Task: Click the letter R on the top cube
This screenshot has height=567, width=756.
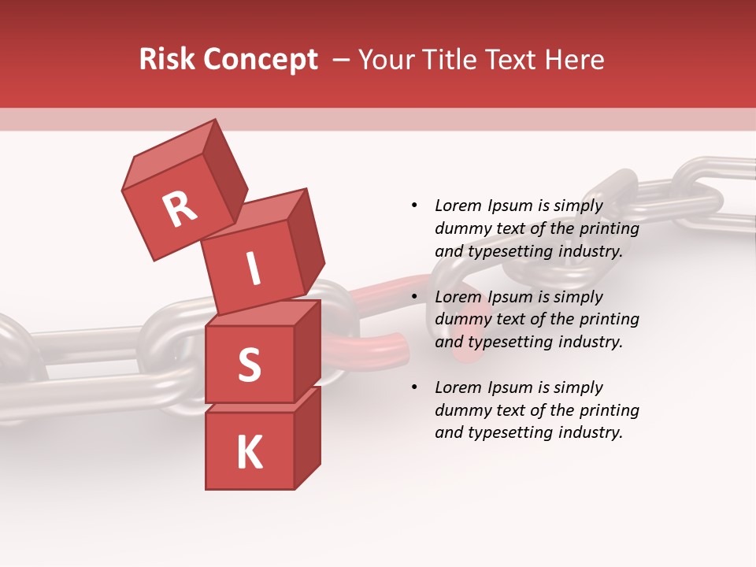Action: tap(180, 209)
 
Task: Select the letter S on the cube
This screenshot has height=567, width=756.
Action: tap(249, 365)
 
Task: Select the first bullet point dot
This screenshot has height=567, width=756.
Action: tap(414, 206)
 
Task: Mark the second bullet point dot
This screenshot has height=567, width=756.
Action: tap(414, 297)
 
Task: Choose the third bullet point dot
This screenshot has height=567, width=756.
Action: tap(414, 387)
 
